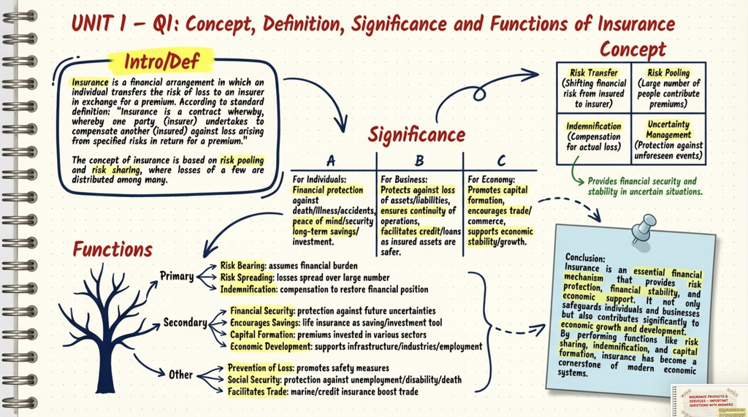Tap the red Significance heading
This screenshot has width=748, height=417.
coord(416,135)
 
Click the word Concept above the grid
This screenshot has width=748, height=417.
coord(633,50)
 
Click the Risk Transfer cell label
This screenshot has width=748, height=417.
coord(594,73)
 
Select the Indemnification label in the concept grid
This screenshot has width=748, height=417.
coord(594,126)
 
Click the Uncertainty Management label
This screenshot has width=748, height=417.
coord(668,129)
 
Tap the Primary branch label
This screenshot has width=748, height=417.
coord(177,276)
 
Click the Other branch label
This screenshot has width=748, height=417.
coord(180,375)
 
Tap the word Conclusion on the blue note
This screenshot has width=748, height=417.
coord(586,258)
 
